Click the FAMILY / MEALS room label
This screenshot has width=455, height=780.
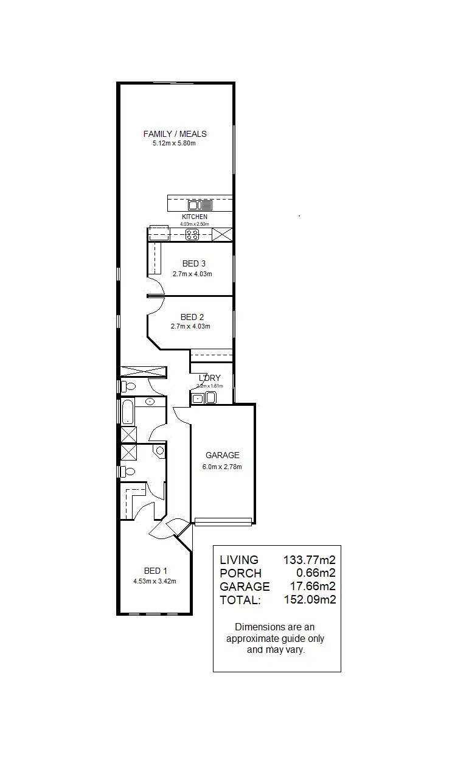point(175,134)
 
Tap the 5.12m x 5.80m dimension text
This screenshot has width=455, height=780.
point(175,144)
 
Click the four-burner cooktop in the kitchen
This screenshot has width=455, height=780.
point(192,234)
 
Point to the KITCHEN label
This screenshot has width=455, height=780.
point(194,217)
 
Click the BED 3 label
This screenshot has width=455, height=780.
point(193,263)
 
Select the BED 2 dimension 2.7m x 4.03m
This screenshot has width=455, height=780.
point(190,327)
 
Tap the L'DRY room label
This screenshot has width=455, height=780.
point(209,378)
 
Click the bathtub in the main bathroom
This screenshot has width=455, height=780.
point(128,412)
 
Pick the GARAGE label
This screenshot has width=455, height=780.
point(222,455)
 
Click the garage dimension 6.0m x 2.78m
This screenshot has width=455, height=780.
point(222,467)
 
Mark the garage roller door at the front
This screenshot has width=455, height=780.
point(223,521)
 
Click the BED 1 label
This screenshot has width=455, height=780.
point(155,571)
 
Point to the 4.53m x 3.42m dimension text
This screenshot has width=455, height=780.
point(155,581)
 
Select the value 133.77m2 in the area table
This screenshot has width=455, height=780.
point(310,560)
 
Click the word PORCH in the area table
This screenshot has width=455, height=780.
point(240,573)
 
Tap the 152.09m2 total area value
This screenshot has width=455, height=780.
point(310,600)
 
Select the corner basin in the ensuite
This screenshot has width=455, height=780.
point(159,451)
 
